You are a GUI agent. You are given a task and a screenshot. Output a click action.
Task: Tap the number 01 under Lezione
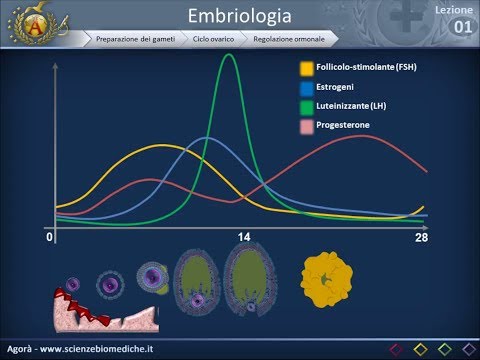click(x=463, y=26)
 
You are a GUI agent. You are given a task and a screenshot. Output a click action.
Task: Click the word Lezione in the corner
click(x=456, y=8)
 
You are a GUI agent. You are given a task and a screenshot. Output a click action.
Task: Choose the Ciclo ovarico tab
click(x=214, y=39)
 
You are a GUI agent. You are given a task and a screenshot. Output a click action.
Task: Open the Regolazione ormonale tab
click(x=290, y=39)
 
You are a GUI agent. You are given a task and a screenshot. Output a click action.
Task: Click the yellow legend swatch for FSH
click(x=306, y=68)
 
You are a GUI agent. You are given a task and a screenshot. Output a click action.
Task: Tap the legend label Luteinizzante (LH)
click(x=358, y=106)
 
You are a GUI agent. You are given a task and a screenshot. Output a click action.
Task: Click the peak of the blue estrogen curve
click(x=207, y=137)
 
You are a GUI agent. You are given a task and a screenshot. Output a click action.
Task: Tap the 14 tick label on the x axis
click(x=243, y=239)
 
